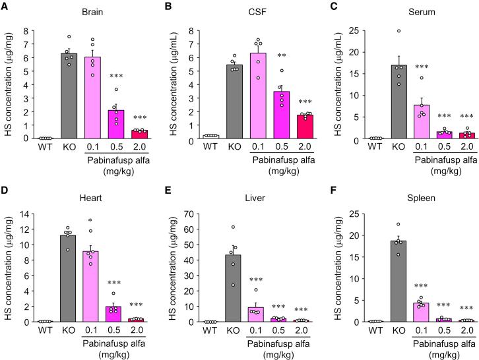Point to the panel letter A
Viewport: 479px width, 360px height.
(x=5, y=6)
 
